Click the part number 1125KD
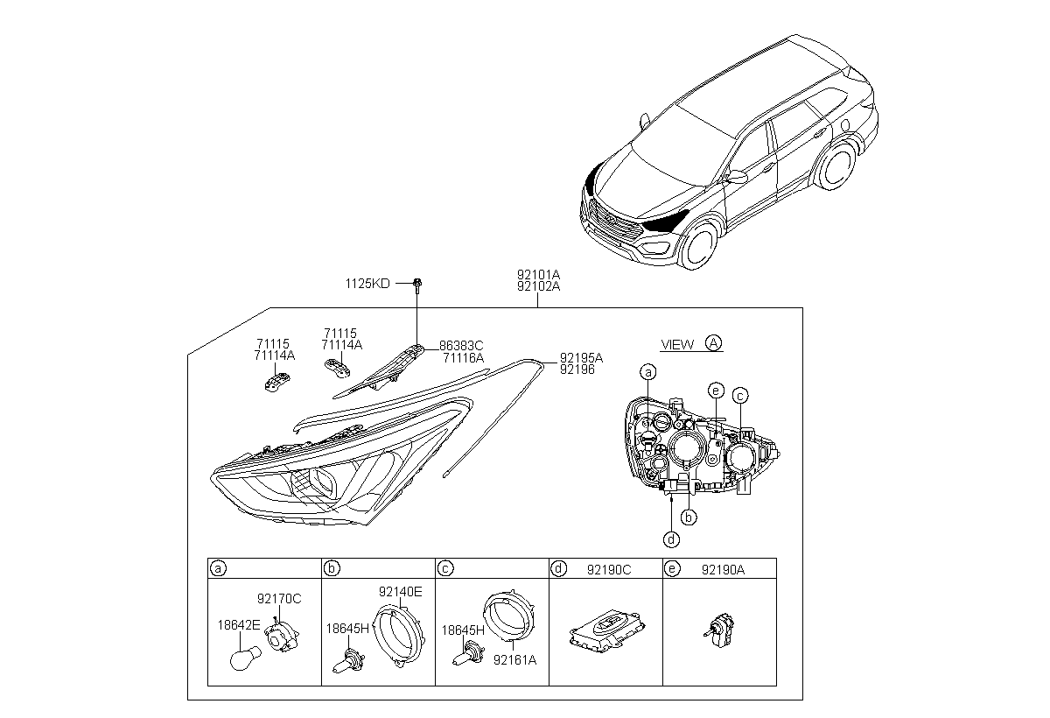click(x=368, y=284)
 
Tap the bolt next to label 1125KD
click(x=418, y=284)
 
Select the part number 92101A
click(x=538, y=274)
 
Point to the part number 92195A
click(x=581, y=358)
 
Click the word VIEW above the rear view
click(x=677, y=344)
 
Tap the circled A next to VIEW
click(x=714, y=343)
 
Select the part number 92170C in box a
click(x=279, y=599)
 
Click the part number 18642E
click(x=238, y=625)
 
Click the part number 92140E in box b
click(x=400, y=592)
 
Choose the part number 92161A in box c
click(x=515, y=658)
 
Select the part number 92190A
click(x=723, y=569)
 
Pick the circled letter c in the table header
click(x=445, y=569)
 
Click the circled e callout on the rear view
click(x=716, y=389)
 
